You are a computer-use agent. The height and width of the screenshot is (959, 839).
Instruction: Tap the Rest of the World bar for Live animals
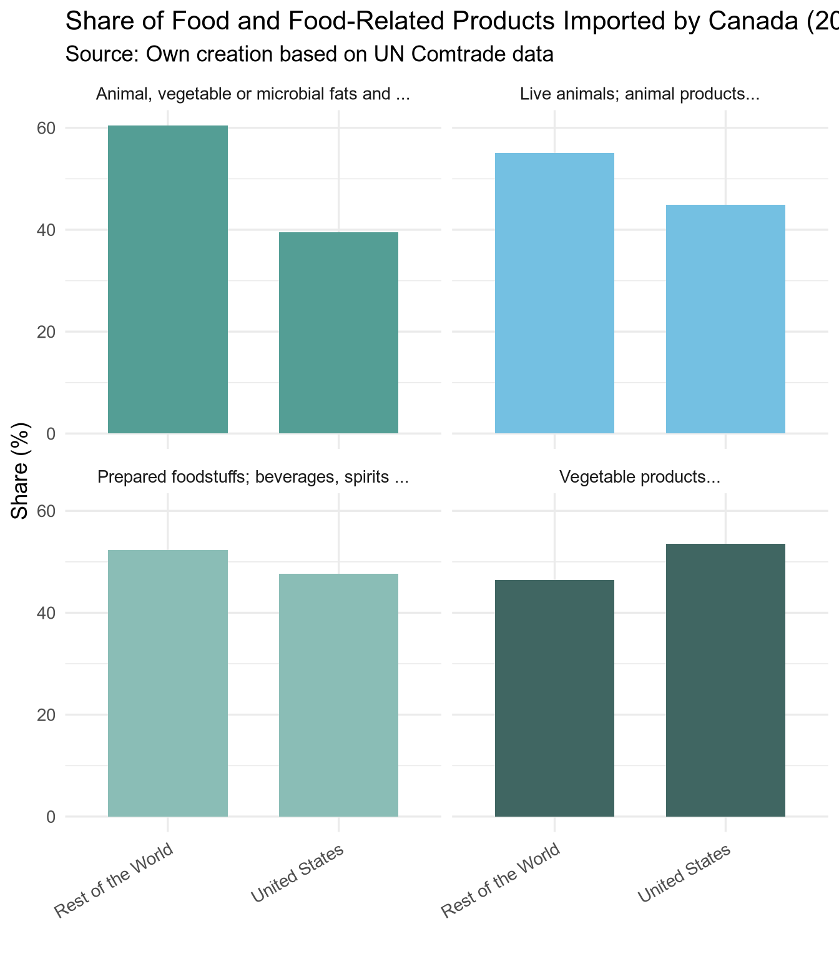coord(554,293)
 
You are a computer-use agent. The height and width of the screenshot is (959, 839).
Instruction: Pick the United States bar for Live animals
coord(725,319)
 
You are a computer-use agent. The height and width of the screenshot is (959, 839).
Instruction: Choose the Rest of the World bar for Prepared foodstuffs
coord(168,683)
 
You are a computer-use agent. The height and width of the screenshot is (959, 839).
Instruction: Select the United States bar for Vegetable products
coord(725,680)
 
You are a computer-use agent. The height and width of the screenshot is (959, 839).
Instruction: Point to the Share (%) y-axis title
coord(21,471)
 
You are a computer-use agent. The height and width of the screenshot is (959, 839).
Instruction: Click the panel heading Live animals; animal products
coord(639,95)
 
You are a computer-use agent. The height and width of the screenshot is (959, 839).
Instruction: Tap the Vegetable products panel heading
coord(640,478)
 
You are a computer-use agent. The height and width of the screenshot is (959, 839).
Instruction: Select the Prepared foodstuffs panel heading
coord(253,478)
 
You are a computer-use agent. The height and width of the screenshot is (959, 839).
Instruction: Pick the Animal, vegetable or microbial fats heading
coord(253,95)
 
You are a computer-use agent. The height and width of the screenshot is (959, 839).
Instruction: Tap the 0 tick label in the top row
coord(51,434)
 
